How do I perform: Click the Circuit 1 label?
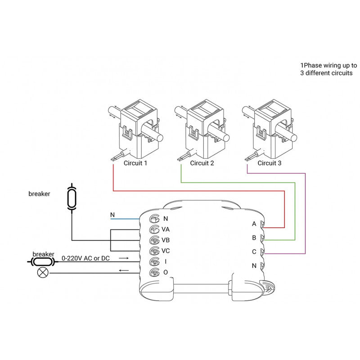click(135, 163)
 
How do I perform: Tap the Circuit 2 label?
click(202, 163)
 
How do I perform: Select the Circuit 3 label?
click(269, 163)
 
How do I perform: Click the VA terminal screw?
click(154, 229)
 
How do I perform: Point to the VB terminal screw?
click(154, 240)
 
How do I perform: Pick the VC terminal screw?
click(154, 251)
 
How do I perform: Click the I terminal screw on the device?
click(154, 261)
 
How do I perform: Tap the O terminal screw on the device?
click(154, 272)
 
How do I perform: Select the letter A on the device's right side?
click(254, 224)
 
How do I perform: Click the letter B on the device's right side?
click(254, 238)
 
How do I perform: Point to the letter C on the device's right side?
click(254, 252)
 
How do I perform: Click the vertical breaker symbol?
click(71, 197)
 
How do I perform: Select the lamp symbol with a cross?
click(43, 272)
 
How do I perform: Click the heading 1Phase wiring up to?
click(328, 65)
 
